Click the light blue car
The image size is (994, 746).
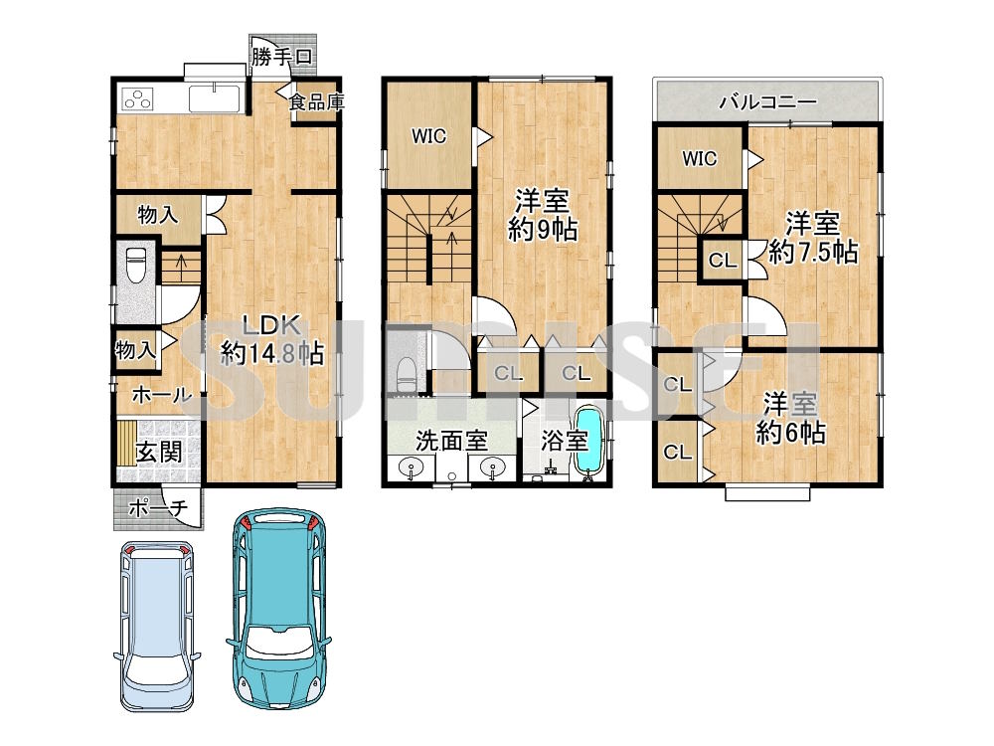tap(157, 628)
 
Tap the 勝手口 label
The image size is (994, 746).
tap(282, 57)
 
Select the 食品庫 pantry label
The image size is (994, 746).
tap(316, 101)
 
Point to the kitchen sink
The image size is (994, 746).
tap(215, 98)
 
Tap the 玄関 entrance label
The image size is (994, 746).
tap(159, 453)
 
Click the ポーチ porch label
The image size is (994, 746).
tap(158, 508)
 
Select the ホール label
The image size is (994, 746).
tap(161, 395)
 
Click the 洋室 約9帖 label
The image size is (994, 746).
tap(543, 216)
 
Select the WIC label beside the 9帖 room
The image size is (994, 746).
tap(428, 136)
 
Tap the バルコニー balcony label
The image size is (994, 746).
tap(767, 101)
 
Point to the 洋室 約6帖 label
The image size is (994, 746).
tap(790, 419)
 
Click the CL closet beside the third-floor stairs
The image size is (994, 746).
tap(723, 260)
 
